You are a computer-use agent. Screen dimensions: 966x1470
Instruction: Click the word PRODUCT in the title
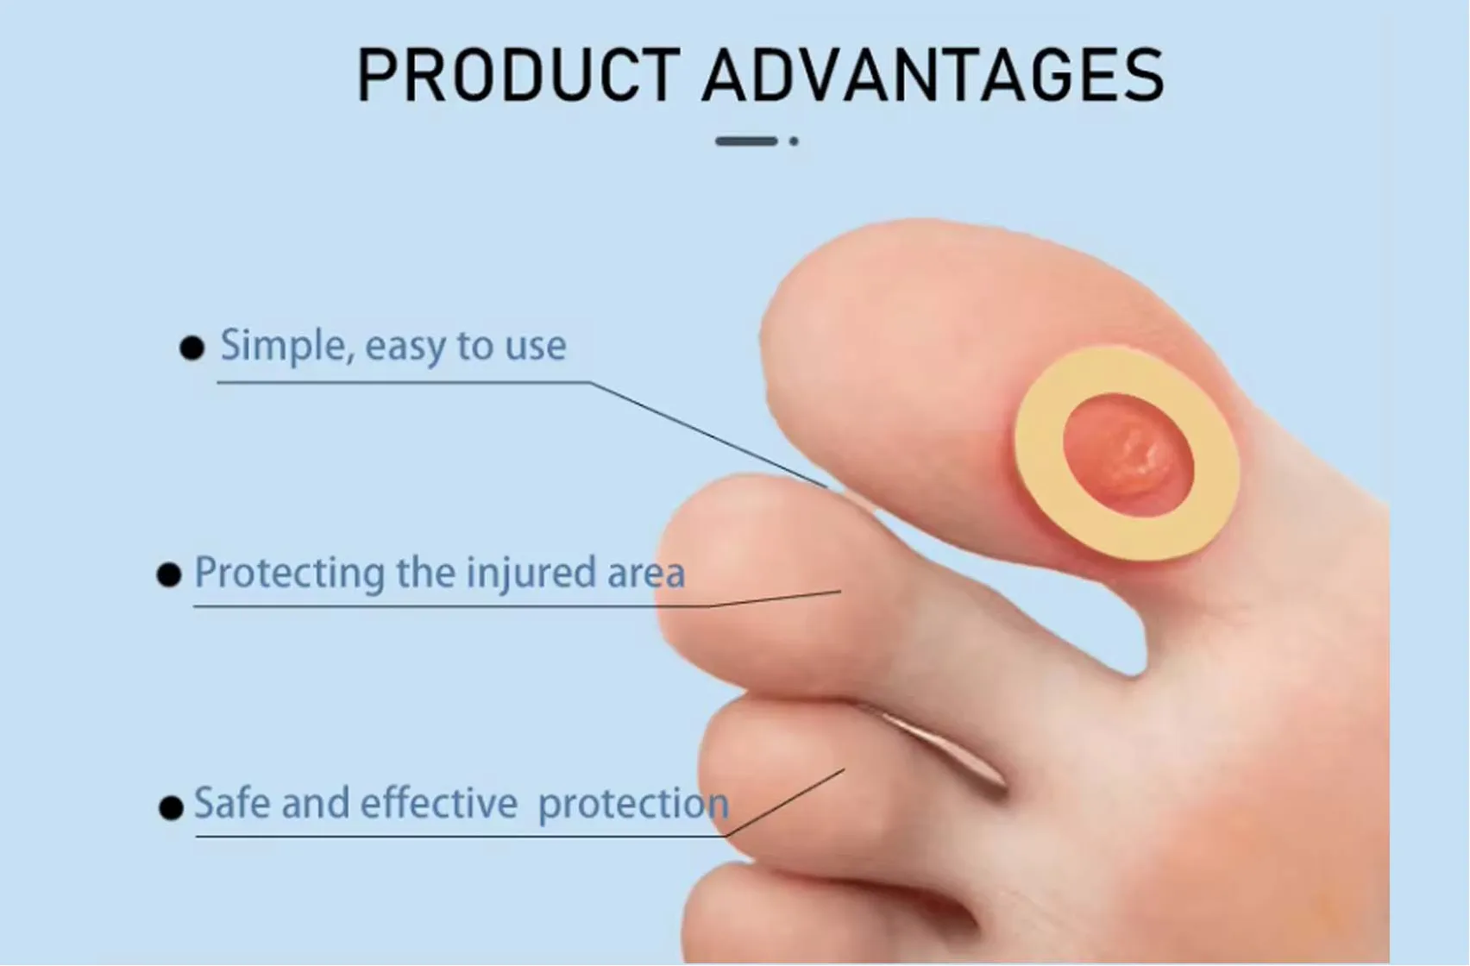(x=518, y=76)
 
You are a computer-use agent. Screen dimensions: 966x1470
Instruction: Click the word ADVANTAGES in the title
(x=933, y=76)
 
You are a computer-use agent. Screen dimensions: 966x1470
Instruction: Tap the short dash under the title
(x=746, y=141)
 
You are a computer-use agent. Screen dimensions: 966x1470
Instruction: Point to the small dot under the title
(x=794, y=141)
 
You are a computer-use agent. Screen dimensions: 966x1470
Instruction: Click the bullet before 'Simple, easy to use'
(x=192, y=348)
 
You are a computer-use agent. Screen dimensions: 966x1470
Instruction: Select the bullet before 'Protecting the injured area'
(x=169, y=574)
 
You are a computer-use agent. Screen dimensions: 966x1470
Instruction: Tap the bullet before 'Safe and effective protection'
(x=171, y=807)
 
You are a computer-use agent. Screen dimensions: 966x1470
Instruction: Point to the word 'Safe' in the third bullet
(x=231, y=803)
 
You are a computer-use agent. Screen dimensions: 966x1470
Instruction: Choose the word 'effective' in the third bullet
(x=439, y=803)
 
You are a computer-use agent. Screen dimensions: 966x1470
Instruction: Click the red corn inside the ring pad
(x=1128, y=455)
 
